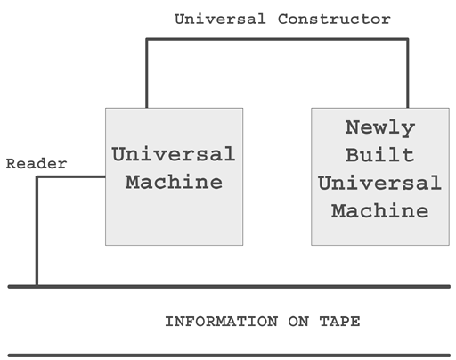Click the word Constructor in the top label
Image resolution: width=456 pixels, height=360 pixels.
(x=334, y=20)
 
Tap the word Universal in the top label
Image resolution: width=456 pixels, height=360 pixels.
(x=220, y=20)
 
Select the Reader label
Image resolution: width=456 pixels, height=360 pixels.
(x=37, y=164)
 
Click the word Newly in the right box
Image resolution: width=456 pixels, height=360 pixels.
(x=380, y=128)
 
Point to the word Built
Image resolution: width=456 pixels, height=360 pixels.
(x=380, y=155)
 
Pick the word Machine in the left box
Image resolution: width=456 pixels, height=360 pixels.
(x=174, y=182)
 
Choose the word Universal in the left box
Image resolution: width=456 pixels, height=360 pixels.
(x=174, y=154)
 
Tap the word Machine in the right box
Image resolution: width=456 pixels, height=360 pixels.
(x=380, y=210)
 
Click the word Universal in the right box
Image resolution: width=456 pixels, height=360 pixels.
(x=380, y=183)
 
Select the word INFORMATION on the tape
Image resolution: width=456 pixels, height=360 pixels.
(x=222, y=322)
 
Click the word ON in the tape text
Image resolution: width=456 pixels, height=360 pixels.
(x=298, y=322)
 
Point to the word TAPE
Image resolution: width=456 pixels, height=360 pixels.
(x=340, y=322)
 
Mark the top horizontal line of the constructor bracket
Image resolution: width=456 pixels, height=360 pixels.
(x=277, y=39)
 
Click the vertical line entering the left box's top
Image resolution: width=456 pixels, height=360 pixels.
(x=147, y=73)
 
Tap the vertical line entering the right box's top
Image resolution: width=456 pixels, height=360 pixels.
(x=408, y=73)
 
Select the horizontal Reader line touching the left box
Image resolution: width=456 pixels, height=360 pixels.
(x=70, y=177)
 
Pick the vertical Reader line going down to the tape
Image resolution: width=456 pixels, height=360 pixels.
(x=37, y=231)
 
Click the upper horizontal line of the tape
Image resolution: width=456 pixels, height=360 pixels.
(x=229, y=287)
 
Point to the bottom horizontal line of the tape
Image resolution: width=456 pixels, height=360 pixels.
(x=229, y=356)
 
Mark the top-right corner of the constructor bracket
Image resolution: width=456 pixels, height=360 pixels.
(x=408, y=39)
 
